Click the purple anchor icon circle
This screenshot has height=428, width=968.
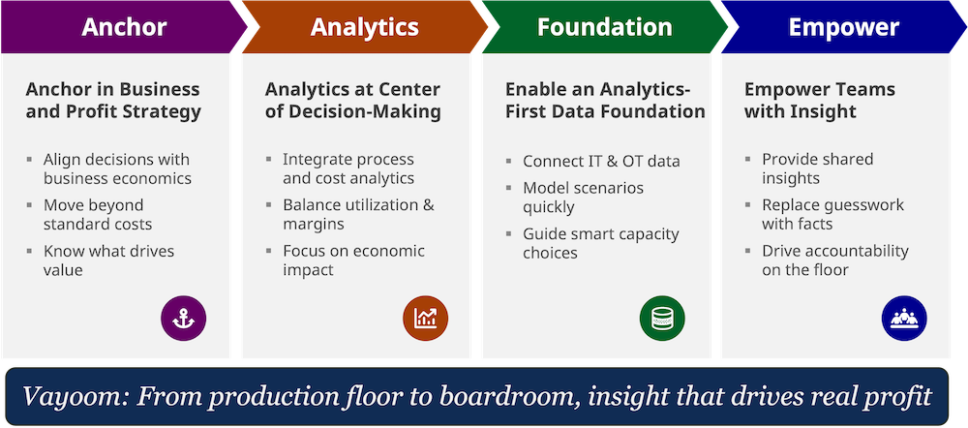click(x=183, y=319)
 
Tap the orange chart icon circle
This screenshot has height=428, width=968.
click(x=425, y=319)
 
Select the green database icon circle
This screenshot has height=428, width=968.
click(x=662, y=319)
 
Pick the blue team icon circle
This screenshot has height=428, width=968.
click(x=904, y=319)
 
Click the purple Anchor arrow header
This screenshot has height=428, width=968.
click(x=124, y=27)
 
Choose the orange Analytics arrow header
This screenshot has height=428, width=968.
click(x=365, y=27)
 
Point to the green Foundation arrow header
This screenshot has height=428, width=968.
click(x=605, y=27)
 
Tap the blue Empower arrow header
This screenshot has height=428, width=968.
click(x=844, y=27)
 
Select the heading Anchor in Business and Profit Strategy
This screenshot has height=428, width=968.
click(x=113, y=100)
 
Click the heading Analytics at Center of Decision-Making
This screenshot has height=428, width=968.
click(x=353, y=100)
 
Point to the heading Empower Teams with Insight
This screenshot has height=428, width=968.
click(x=820, y=100)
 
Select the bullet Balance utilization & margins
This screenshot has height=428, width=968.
click(x=359, y=214)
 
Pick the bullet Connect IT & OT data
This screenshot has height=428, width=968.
click(x=601, y=161)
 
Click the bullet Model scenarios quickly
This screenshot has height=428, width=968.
click(x=584, y=198)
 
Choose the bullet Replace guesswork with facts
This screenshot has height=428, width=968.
click(x=832, y=214)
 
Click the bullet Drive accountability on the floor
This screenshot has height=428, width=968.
click(x=835, y=260)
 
